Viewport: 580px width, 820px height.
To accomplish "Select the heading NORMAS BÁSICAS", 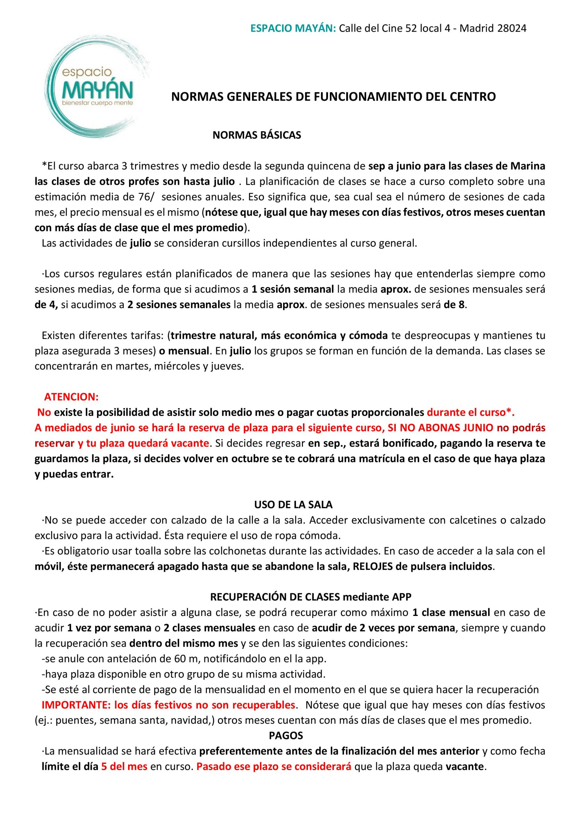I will pos(257,135).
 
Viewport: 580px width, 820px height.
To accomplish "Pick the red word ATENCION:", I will pos(71,397).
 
